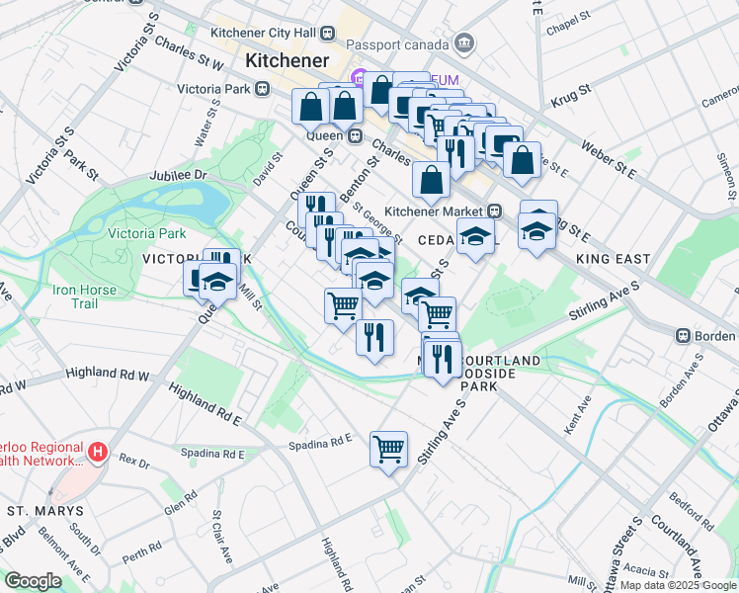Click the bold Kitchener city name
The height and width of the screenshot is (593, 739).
[x=287, y=60]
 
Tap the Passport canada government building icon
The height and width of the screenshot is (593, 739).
[x=463, y=43]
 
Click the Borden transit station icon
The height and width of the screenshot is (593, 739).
[x=682, y=335]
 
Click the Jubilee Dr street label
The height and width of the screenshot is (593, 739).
[x=178, y=175]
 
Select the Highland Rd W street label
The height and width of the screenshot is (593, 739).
[x=107, y=375]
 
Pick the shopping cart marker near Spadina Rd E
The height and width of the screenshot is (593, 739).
[x=388, y=449]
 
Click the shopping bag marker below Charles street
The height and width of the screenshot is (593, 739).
[x=431, y=180]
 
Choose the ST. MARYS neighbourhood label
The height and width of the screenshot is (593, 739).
[x=40, y=511]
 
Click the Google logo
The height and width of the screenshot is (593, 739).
[x=33, y=581]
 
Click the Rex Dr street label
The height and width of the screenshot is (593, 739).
[x=132, y=460]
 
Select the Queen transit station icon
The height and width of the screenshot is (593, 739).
[x=354, y=135]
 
